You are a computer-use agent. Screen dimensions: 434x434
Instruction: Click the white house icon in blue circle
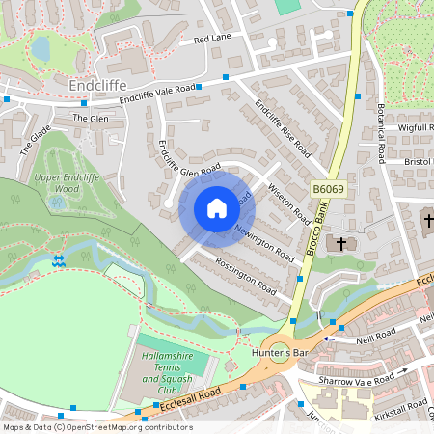coord(217,208)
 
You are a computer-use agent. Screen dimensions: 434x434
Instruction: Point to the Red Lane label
coord(212,40)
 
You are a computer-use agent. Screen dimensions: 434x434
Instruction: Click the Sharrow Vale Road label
coord(360,381)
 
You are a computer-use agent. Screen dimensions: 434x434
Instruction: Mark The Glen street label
coord(92,118)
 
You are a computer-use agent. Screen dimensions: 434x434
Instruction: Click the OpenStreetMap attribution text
coord(97,426)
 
